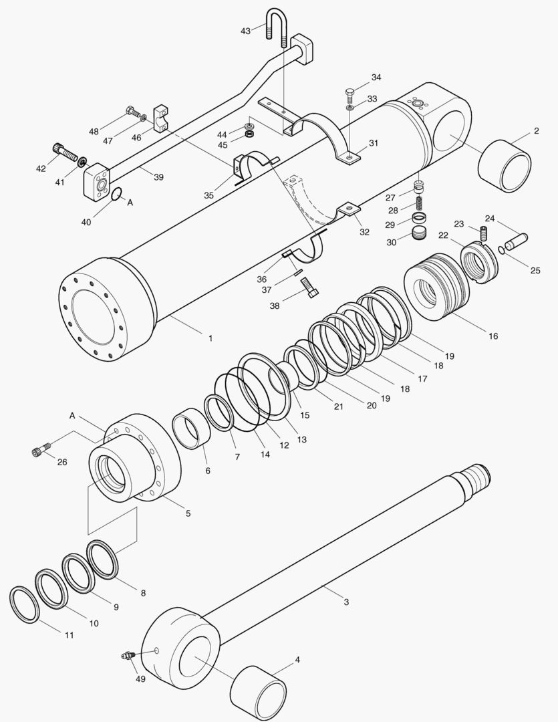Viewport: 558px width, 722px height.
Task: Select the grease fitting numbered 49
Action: (126, 655)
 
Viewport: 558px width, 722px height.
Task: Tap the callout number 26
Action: (62, 462)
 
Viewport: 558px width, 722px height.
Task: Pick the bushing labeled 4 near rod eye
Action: (258, 690)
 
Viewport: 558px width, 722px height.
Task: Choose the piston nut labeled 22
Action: (480, 263)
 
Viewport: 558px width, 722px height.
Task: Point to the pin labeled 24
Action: (519, 238)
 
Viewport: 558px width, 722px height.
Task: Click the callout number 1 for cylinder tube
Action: (211, 339)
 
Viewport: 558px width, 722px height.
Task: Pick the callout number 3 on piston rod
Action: (346, 602)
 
